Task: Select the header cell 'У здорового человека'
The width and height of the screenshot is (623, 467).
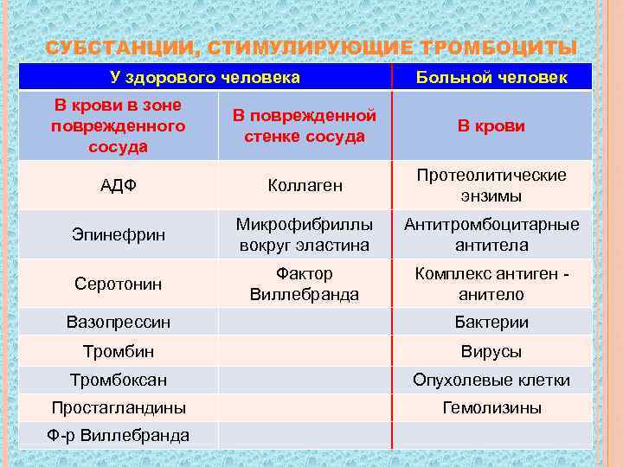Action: click(x=205, y=78)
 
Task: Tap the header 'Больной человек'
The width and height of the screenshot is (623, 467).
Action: click(x=491, y=78)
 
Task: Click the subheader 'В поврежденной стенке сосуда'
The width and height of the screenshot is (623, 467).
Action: click(x=304, y=125)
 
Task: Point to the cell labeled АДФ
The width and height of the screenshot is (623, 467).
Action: click(x=119, y=185)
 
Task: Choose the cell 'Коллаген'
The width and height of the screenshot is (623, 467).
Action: click(x=305, y=185)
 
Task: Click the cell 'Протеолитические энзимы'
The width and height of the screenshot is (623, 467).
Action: click(x=491, y=185)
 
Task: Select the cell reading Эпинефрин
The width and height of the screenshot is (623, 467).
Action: click(x=119, y=234)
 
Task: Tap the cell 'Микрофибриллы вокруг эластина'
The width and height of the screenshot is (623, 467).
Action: click(x=304, y=234)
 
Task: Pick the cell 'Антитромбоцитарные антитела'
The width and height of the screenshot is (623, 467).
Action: click(x=491, y=234)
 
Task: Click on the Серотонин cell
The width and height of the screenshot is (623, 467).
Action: click(x=119, y=284)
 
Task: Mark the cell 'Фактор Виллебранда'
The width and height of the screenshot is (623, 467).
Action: click(x=304, y=284)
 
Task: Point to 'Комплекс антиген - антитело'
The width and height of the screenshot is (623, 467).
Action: click(x=491, y=284)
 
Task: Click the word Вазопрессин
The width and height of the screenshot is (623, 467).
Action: click(x=119, y=323)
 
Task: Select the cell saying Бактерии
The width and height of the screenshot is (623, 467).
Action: click(x=491, y=323)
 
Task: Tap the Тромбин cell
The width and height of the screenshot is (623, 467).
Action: click(x=119, y=352)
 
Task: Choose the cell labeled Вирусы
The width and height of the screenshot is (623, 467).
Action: click(x=491, y=352)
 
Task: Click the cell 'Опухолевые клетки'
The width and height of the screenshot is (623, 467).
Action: click(x=491, y=380)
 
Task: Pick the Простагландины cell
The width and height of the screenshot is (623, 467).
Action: click(x=119, y=407)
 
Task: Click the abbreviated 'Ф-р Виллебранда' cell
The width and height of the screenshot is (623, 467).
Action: click(x=119, y=435)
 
